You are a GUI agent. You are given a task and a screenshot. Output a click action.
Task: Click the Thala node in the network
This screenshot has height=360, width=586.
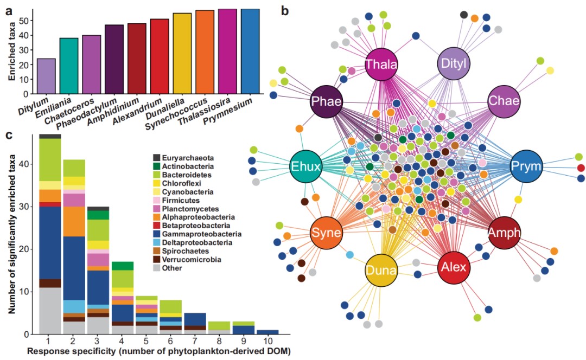[381, 65]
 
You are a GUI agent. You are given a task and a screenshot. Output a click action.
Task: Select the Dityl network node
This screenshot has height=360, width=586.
[453, 65]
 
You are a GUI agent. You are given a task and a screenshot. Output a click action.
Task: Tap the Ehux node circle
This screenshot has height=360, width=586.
[307, 166]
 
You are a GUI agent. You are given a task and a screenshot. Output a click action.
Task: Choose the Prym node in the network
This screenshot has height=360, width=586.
[527, 166]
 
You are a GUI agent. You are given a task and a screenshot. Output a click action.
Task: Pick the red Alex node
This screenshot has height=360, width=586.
[453, 267]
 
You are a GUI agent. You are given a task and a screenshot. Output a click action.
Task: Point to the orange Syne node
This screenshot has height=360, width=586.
[326, 233]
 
